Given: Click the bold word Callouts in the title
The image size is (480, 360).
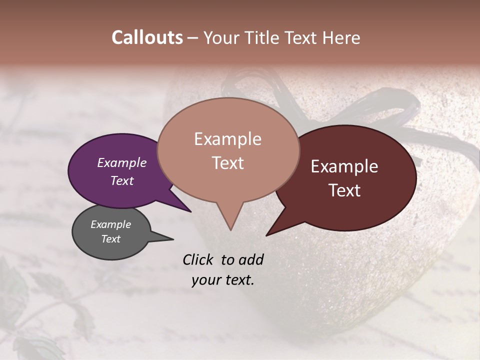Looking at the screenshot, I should click(147, 37).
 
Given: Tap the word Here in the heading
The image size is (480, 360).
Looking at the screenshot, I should click(342, 37).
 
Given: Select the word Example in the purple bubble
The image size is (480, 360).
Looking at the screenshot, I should click(121, 162).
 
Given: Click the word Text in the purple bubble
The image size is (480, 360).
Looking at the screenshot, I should click(121, 180).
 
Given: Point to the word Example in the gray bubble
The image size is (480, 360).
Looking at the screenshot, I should click(110, 224).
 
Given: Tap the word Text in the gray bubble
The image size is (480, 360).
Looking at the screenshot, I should click(110, 239).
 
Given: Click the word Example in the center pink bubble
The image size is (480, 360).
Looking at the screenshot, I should click(227, 139).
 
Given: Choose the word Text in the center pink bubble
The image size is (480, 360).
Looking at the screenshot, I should click(227, 163).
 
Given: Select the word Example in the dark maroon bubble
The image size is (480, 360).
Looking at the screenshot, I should click(344, 166).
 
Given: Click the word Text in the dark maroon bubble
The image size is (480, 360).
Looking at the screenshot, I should click(344, 190).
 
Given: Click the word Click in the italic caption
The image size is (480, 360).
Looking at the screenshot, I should click(198, 259).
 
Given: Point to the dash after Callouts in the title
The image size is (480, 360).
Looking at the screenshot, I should click(193, 38).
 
